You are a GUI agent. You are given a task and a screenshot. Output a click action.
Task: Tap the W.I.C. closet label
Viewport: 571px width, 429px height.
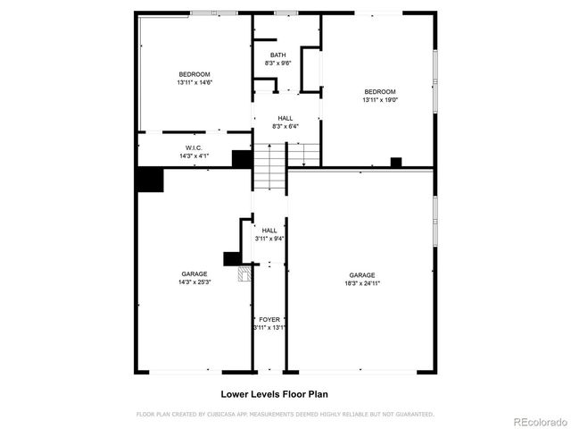point(194,147)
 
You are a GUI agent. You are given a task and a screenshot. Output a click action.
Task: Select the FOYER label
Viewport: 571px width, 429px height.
point(269,319)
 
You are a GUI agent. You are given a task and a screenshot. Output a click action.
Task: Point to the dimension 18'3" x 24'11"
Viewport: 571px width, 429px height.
point(361,283)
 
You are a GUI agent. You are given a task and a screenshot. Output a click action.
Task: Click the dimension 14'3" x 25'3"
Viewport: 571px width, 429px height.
point(194,282)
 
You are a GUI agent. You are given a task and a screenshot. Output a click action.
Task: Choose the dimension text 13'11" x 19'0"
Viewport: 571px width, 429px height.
point(379,100)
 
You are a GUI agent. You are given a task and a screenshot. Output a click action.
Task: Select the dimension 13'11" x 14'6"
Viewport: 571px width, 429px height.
point(194,82)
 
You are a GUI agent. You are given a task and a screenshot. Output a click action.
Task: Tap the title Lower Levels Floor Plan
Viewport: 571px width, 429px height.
point(278,393)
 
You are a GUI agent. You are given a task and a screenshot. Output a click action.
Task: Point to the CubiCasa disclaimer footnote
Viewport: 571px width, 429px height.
point(285,414)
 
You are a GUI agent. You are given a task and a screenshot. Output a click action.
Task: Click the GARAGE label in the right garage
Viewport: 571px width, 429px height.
point(361,275)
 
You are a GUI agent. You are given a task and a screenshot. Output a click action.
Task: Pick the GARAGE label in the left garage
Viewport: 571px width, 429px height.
point(194,274)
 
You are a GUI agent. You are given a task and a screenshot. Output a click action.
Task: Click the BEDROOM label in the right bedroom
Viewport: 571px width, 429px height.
point(379,92)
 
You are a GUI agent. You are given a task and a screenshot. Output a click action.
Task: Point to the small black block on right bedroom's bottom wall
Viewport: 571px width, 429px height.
point(396,163)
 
